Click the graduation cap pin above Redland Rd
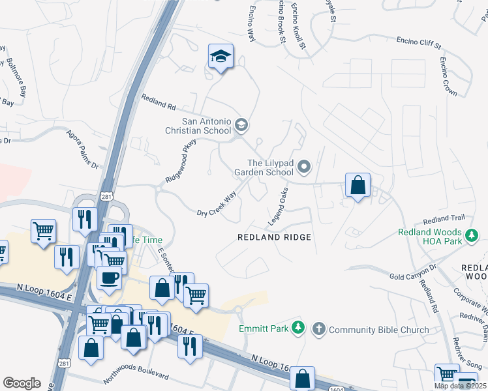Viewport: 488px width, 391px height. (x=221, y=57)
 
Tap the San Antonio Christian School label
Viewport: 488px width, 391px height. (x=206, y=126)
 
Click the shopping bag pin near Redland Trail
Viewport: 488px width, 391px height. (x=358, y=186)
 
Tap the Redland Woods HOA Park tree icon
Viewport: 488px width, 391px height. (x=470, y=233)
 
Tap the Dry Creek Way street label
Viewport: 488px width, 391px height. (x=217, y=204)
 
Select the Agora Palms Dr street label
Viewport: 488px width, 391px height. (x=82, y=149)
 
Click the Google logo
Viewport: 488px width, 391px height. (x=22, y=383)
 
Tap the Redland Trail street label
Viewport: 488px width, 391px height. (x=444, y=219)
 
